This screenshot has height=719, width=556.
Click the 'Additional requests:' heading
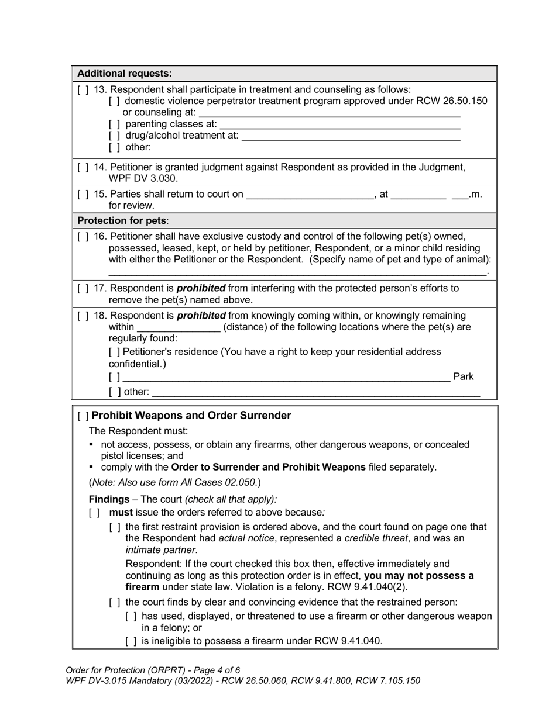tap(125, 74)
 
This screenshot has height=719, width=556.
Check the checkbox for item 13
tap(83, 89)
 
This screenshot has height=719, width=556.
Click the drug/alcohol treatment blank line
tap(351, 137)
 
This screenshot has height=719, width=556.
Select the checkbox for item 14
tap(83, 167)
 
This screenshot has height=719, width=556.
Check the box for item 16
tap(83, 237)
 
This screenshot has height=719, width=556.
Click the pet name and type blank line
tap(297, 272)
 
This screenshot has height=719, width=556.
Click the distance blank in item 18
tap(178, 328)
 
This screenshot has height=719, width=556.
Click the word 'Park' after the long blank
tap(463, 376)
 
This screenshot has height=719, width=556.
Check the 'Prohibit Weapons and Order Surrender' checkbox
tap(83, 416)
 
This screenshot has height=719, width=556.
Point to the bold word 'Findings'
tap(109, 499)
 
